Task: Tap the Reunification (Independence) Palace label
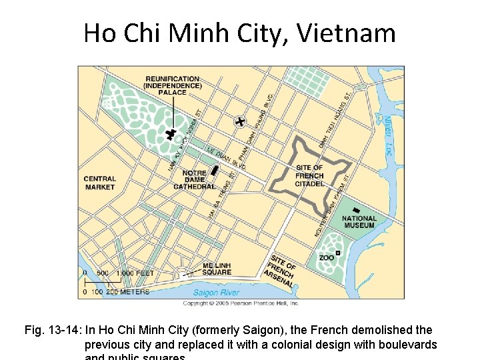click(x=172, y=85)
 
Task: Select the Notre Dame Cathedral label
click(x=194, y=180)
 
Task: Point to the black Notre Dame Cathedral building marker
click(x=214, y=170)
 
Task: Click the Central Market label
click(x=100, y=183)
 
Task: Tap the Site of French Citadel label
click(x=309, y=175)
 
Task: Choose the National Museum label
click(x=359, y=222)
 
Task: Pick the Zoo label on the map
click(x=327, y=257)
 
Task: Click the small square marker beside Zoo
click(x=338, y=253)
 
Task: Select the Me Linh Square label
click(x=217, y=269)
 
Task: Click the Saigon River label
click(x=217, y=293)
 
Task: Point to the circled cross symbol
click(x=240, y=121)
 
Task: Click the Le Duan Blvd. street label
click(x=227, y=158)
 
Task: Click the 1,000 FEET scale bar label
click(x=135, y=273)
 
